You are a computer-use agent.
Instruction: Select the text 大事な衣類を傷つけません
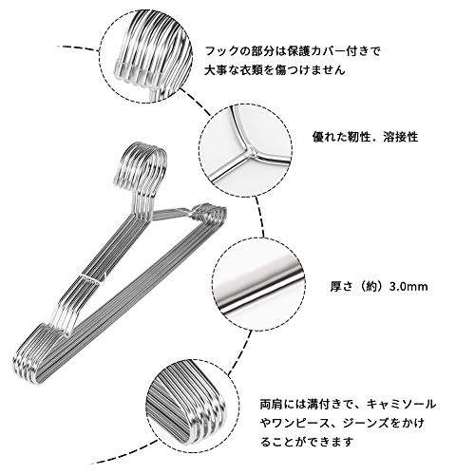[x=275, y=69]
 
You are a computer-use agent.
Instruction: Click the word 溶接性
[x=401, y=137]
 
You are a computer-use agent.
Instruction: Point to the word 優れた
[x=330, y=137]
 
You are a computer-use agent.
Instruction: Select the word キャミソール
[x=401, y=404]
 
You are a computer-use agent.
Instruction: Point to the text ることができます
[x=306, y=442]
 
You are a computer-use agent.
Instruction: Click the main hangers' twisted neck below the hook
[x=141, y=206]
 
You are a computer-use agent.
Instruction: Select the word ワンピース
[x=296, y=423]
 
